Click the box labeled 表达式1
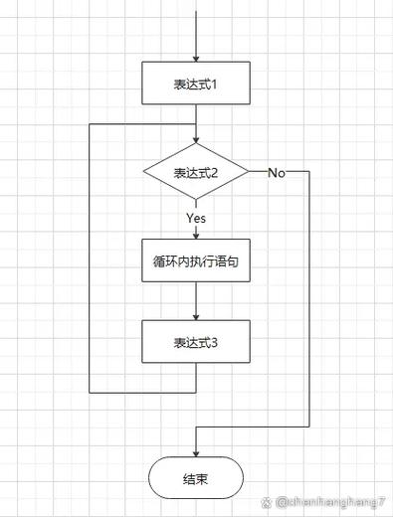click(x=196, y=84)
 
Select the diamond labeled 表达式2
click(x=196, y=173)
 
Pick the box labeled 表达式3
click(x=196, y=341)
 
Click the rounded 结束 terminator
click(x=196, y=477)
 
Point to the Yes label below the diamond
click(x=196, y=217)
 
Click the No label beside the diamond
click(x=277, y=173)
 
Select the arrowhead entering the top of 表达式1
click(x=196, y=59)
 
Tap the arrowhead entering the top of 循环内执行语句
click(x=196, y=235)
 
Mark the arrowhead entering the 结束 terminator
click(x=196, y=452)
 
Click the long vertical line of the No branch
click(x=310, y=298)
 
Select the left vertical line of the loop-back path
click(x=90, y=258)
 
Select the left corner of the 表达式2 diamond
click(x=144, y=173)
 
